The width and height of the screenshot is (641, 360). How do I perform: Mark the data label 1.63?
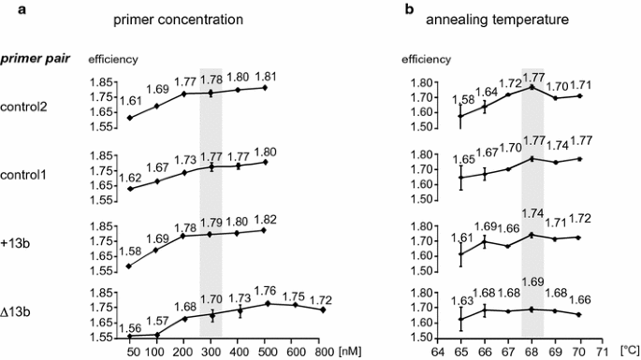(x=460, y=301)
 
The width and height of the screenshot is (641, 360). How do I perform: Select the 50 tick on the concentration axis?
(x=133, y=352)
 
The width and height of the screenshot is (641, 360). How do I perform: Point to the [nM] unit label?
(x=348, y=352)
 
